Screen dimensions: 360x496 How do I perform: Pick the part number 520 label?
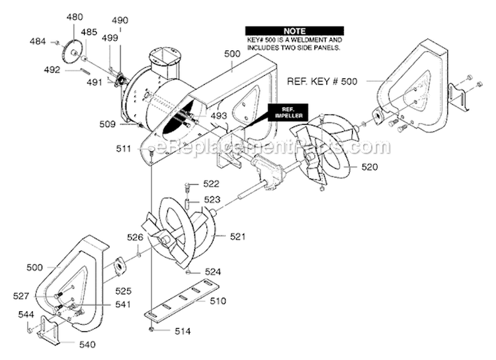(x=369, y=167)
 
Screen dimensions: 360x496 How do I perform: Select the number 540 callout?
(x=87, y=344)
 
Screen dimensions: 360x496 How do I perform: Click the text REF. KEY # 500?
(x=322, y=81)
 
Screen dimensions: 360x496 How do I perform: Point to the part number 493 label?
(x=219, y=116)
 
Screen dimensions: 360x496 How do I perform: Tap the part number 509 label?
(x=108, y=124)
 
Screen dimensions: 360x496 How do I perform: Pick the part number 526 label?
(x=135, y=238)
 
